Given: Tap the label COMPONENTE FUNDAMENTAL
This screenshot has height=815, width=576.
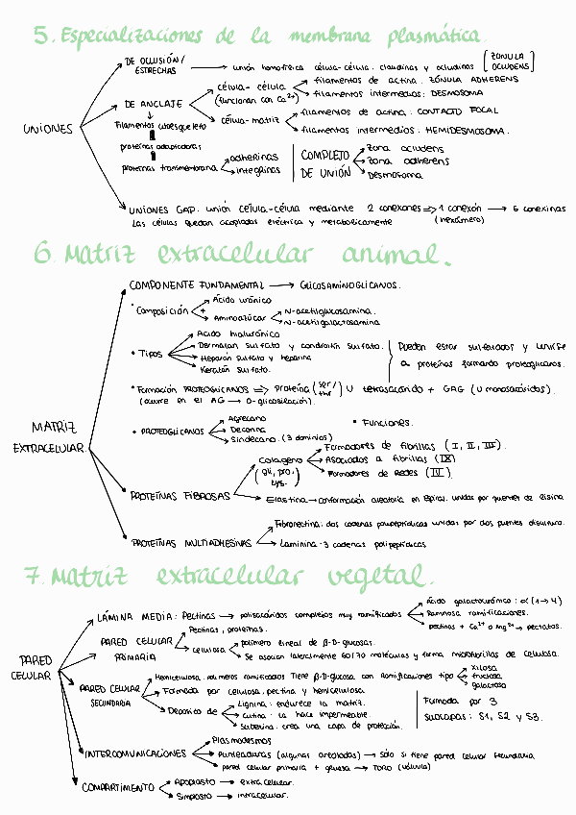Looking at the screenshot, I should pyautogui.click(x=196, y=285).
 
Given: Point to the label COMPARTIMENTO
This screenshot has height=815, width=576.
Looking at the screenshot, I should pyautogui.click(x=118, y=787).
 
